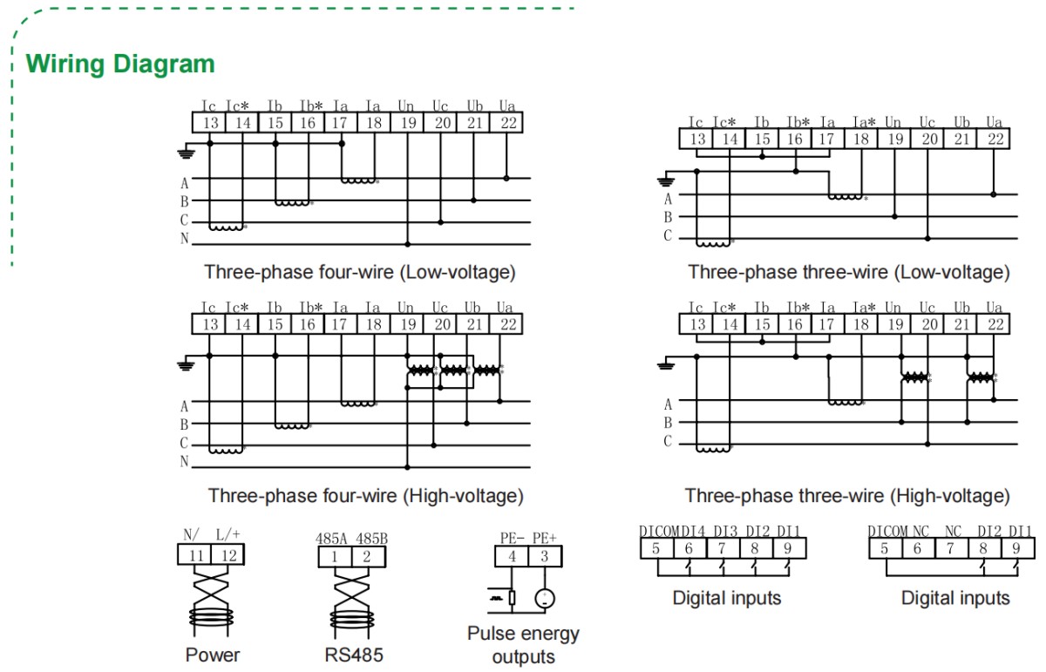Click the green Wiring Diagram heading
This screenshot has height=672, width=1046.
click(120, 64)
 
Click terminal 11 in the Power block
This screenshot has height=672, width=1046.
click(195, 554)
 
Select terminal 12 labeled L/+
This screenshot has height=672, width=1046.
click(228, 554)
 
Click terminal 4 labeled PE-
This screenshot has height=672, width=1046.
click(513, 556)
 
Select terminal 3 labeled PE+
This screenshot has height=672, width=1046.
click(545, 556)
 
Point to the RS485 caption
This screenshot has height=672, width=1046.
click(352, 655)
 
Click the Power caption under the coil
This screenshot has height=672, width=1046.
click(212, 655)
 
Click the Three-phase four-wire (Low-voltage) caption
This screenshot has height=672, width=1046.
click(360, 272)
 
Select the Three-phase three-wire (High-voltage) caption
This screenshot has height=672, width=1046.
click(847, 496)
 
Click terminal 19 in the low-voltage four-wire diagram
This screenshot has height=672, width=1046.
click(407, 123)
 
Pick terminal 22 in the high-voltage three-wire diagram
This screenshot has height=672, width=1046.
click(994, 325)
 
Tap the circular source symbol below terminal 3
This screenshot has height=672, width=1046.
click(545, 598)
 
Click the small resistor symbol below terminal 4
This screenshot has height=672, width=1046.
click(512, 598)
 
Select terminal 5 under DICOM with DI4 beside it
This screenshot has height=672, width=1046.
click(655, 548)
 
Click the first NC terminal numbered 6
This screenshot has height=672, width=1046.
click(918, 548)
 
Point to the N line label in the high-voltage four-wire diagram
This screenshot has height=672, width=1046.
click(184, 461)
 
